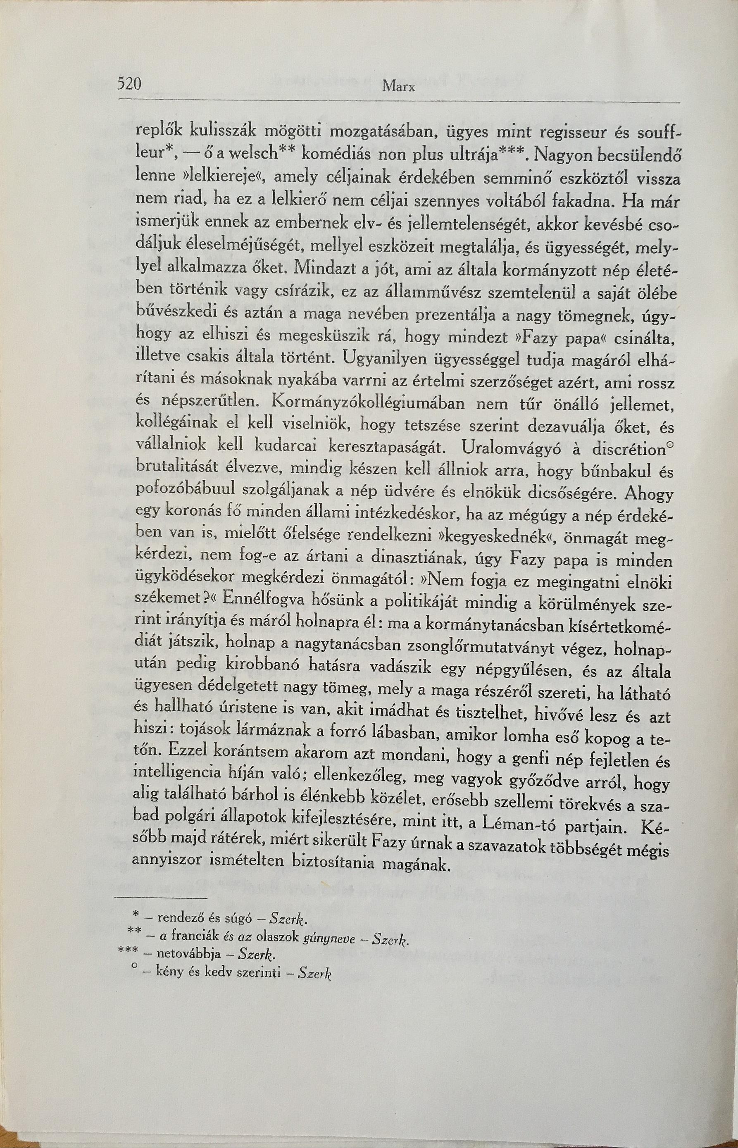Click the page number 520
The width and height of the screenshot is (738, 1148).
(x=129, y=84)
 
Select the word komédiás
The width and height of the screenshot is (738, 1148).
(x=331, y=155)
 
